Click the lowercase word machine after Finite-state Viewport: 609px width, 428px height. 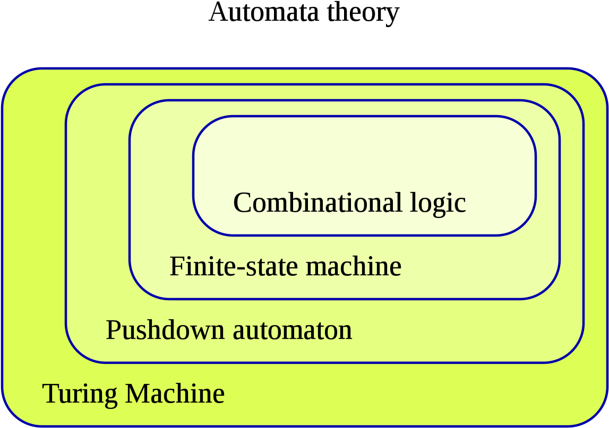point(354,266)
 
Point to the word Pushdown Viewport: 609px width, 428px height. point(165,330)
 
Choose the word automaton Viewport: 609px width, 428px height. point(293,330)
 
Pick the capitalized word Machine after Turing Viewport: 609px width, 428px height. point(175,394)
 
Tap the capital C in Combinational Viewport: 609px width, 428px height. point(242,203)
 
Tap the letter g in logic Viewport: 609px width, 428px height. point(435,206)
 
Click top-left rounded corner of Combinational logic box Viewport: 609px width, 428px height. point(204,127)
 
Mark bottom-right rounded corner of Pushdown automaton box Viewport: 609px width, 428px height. point(571,351)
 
